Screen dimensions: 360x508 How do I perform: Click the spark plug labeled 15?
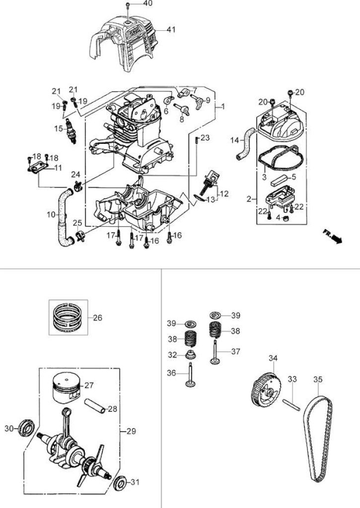click(x=72, y=131)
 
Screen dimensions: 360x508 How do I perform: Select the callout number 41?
click(x=171, y=29)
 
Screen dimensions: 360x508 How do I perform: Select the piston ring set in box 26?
click(x=68, y=317)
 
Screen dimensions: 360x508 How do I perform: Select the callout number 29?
click(x=132, y=431)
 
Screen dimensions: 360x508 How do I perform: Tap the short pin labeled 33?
click(x=292, y=405)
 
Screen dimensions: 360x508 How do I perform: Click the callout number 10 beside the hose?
click(x=51, y=214)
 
